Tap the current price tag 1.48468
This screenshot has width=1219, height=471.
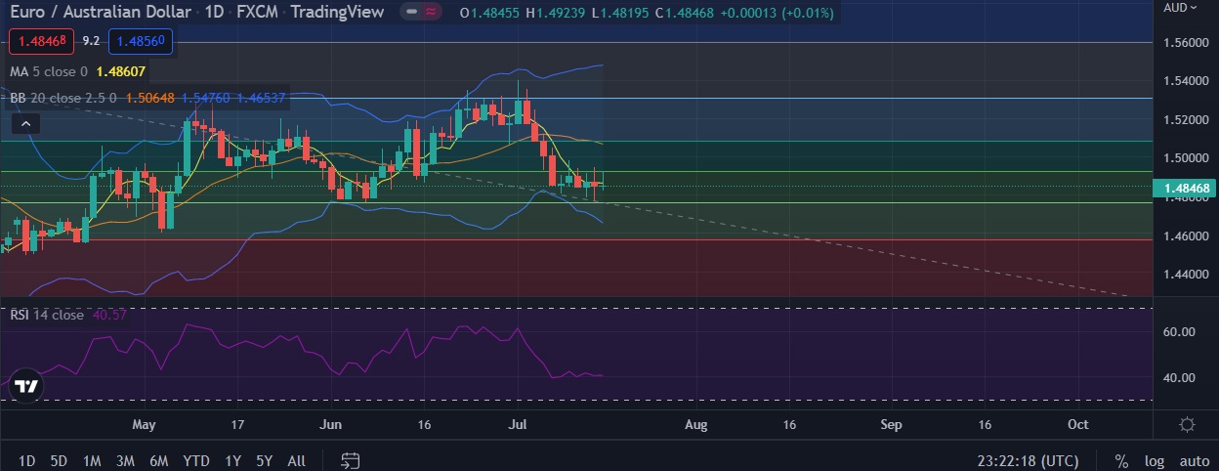click(1183, 187)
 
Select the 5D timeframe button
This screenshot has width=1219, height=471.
click(59, 460)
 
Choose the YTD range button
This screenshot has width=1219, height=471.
click(195, 460)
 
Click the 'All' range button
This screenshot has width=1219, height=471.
click(297, 460)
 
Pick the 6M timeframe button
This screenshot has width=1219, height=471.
click(158, 460)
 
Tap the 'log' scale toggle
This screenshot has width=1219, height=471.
click(1155, 460)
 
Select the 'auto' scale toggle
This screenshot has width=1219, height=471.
click(1194, 460)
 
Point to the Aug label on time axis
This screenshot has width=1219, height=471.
click(695, 425)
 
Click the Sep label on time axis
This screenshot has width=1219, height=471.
click(891, 425)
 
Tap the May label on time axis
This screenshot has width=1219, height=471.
click(144, 425)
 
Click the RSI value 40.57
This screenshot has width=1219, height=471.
click(107, 315)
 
